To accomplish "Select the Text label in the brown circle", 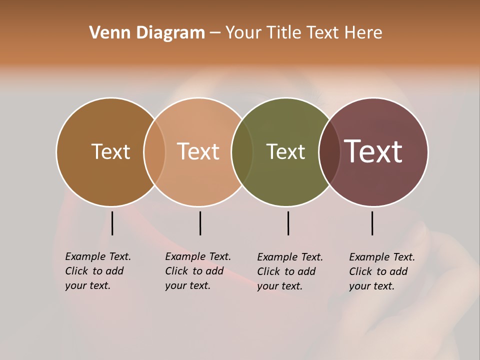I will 110,151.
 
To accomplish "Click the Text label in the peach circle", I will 198,151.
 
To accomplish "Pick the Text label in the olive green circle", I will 285,151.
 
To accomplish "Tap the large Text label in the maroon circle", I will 373,151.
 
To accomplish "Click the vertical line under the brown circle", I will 112,223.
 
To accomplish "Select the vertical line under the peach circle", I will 200,223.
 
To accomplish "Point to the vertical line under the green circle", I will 288,223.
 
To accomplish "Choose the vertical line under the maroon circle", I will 372,223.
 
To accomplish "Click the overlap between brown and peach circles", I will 154,151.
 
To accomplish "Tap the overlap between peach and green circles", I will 242,151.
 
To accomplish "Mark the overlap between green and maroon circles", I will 329,151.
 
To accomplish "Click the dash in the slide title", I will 215,33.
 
